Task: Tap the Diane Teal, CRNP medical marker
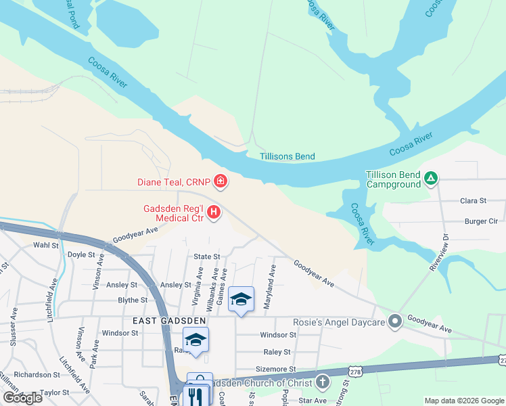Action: click(220, 181)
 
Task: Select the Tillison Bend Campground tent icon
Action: click(431, 179)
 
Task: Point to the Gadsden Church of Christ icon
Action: click(323, 383)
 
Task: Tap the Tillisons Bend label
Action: click(287, 156)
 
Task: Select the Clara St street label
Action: click(474, 201)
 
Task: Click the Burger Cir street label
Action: click(481, 221)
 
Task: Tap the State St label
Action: click(207, 256)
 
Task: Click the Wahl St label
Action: click(46, 245)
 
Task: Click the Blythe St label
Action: click(133, 300)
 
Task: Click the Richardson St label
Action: click(37, 374)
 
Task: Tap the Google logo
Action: click(22, 398)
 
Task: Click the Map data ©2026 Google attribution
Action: click(464, 401)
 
